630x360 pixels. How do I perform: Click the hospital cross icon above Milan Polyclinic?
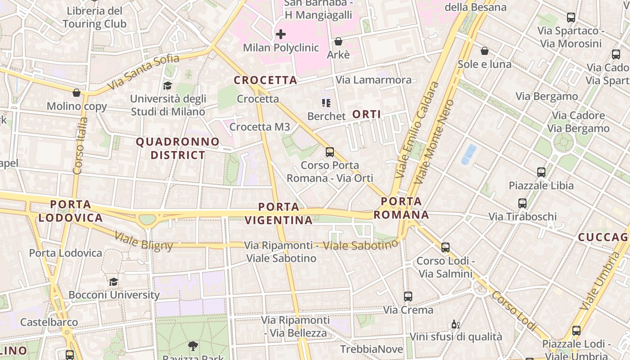(281, 34)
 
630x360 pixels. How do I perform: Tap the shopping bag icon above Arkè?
(338, 42)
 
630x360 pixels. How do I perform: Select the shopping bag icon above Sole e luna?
(485, 51)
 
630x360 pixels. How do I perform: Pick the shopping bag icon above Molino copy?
(76, 93)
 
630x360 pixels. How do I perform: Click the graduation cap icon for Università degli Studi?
(167, 85)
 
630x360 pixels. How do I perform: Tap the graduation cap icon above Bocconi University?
(113, 282)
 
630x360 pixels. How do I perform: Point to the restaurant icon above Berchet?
(326, 103)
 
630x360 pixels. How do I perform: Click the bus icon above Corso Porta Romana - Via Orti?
(330, 152)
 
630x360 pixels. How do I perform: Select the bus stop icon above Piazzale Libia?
(541, 172)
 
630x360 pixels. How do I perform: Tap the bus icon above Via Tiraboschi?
(522, 203)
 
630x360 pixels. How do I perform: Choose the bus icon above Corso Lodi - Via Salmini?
(445, 247)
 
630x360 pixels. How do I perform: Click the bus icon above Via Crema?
(408, 297)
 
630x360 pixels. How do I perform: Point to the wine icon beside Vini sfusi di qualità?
(455, 324)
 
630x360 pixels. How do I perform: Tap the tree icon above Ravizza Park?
(193, 346)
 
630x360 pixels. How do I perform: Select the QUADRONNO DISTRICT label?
(177, 148)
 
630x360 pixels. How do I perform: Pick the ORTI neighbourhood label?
(367, 114)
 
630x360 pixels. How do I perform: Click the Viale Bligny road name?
(144, 241)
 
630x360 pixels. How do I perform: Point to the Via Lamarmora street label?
(373, 80)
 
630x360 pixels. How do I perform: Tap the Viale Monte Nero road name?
(434, 141)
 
